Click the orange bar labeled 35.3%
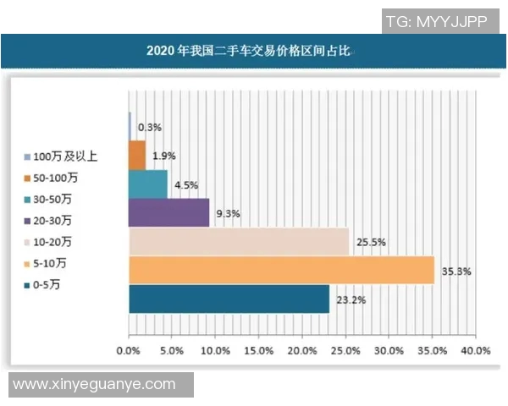tap(281, 271)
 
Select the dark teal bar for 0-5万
tap(229, 299)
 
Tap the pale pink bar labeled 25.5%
tap(239, 242)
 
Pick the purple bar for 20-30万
tap(168, 213)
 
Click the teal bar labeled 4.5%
tap(147, 184)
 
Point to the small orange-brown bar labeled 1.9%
tap(137, 156)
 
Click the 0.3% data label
tap(150, 127)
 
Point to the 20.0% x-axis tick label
tap(302, 350)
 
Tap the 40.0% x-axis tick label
tap(476, 350)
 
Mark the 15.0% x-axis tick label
tap(259, 350)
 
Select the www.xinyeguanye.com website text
tap(94, 385)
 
